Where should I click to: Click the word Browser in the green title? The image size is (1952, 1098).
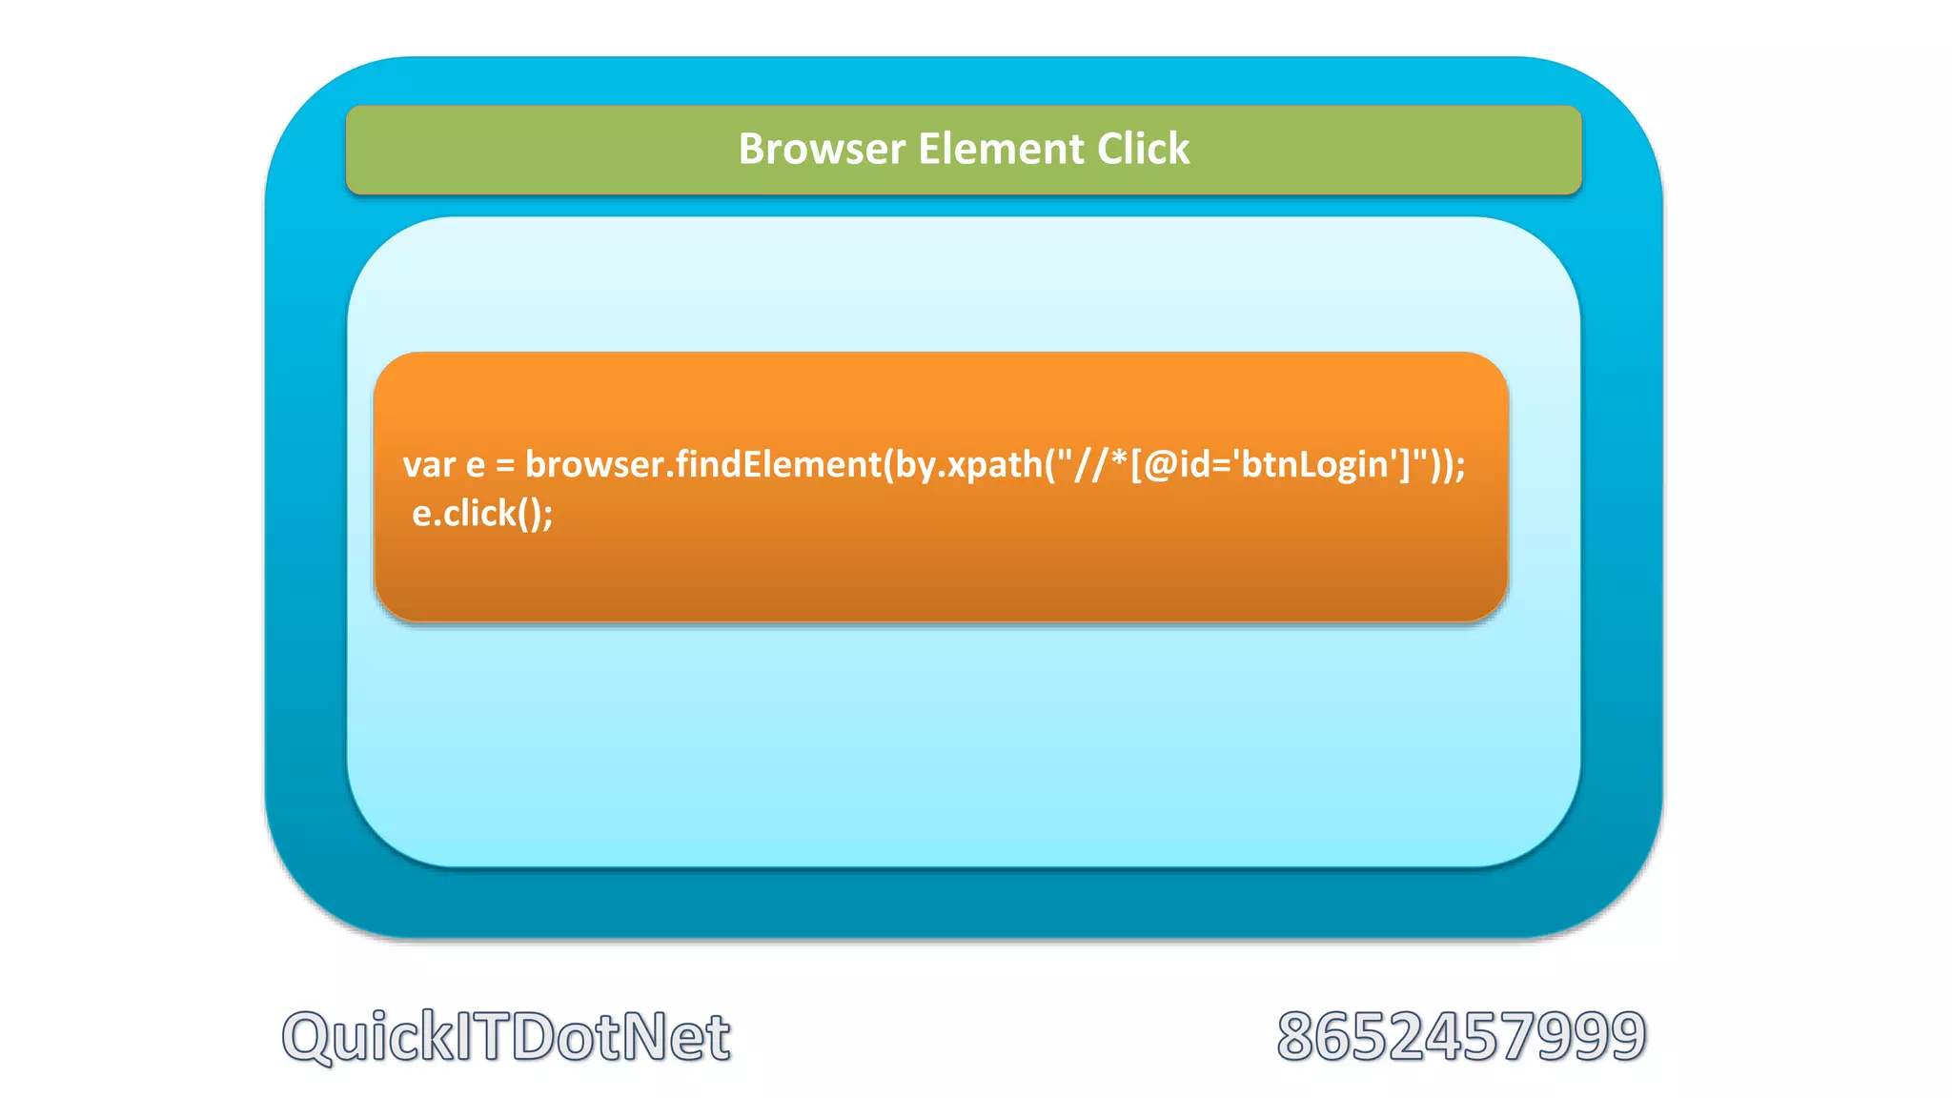coord(822,149)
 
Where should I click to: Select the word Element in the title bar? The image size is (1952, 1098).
coord(1001,149)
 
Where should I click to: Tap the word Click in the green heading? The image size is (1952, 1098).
coord(1143,149)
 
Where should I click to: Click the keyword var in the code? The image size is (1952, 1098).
coord(429,465)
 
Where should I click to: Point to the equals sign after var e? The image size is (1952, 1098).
coord(505,465)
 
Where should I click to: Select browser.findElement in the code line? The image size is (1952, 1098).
coord(703,465)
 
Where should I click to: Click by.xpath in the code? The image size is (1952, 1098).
coord(963,465)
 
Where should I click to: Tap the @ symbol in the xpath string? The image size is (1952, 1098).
coord(1159,465)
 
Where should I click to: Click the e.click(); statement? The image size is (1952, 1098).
coord(482,515)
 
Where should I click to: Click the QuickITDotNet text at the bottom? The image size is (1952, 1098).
coord(506,1036)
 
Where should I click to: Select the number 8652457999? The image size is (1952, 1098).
coord(1461,1036)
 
